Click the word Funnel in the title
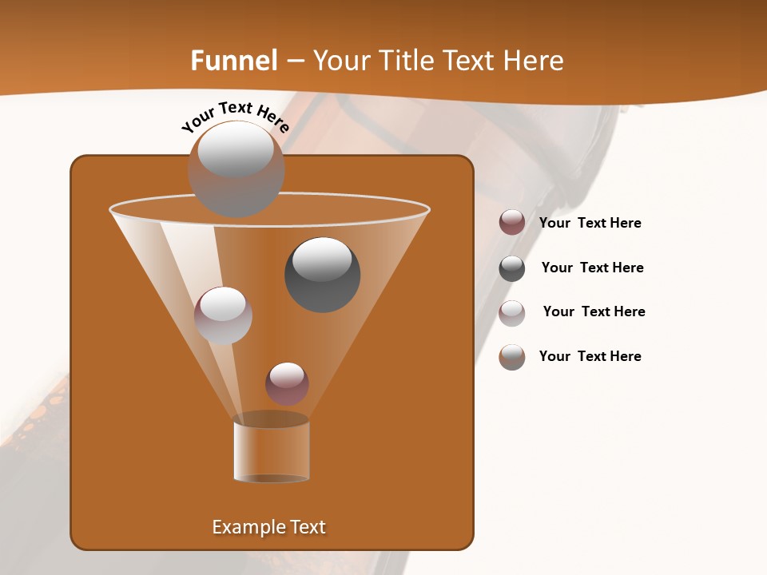coord(233,61)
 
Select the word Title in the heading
coord(407,61)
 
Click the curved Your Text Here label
coord(235,116)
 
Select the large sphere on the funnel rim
coord(236,169)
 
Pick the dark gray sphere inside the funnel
coord(322,274)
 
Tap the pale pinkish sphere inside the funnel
coord(223,315)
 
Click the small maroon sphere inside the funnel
coord(287,383)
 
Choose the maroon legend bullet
coord(512,222)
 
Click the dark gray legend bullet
coord(512,268)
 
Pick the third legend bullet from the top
coord(512,313)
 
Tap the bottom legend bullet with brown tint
coord(512,357)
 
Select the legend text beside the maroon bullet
coord(590,223)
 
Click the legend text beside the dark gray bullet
coord(592,268)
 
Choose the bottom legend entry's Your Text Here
coord(590,356)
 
